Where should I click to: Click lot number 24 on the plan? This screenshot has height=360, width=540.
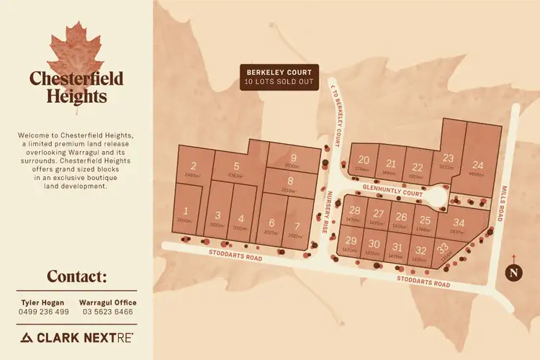coord(478,165)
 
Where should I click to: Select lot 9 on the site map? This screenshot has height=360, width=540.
coord(293,158)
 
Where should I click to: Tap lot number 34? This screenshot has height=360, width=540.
coord(459,223)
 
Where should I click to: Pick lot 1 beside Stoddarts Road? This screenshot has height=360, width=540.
coord(186,211)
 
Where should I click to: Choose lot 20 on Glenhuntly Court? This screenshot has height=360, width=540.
coord(364,160)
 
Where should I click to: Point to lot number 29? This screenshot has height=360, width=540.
coord(351,240)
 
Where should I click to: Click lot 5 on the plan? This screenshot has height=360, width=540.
coord(236,166)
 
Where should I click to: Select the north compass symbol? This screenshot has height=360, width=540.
coord(513,271)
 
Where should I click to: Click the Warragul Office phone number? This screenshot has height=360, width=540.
coord(112,312)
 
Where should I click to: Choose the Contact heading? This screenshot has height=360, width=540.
coord(77,277)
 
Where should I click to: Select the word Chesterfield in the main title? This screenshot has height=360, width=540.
coord(76,78)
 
